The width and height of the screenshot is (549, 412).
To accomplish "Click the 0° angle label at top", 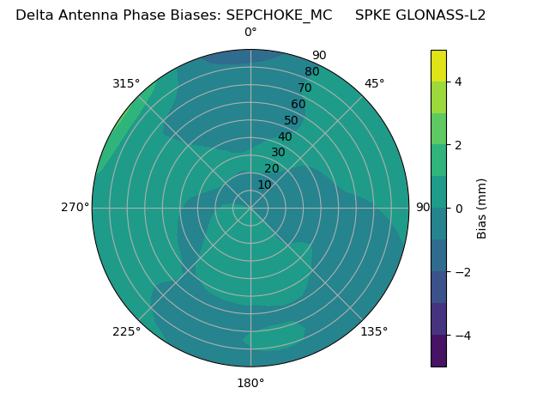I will click(x=250, y=33).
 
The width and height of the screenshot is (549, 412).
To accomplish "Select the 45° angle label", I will click(x=374, y=83).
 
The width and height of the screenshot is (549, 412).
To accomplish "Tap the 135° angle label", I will click(x=374, y=331).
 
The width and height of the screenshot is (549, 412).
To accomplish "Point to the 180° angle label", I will click(x=250, y=383).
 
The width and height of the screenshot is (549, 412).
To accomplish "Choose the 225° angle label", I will click(x=126, y=331).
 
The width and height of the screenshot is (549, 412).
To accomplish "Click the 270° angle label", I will click(x=75, y=208).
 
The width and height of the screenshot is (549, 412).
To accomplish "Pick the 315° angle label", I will click(x=126, y=83).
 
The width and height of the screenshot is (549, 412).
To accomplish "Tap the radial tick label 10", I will click(x=264, y=185).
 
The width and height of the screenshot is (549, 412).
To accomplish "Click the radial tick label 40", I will click(x=285, y=137).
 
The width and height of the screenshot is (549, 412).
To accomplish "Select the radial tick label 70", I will click(x=305, y=88).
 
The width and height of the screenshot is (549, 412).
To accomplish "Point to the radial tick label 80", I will click(x=311, y=72).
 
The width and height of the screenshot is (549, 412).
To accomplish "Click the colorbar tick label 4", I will click(x=458, y=82).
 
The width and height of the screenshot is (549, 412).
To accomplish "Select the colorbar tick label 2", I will click(x=458, y=145).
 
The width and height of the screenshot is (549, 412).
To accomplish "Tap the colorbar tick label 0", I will click(x=458, y=209).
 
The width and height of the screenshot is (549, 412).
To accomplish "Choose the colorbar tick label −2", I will click(x=461, y=272).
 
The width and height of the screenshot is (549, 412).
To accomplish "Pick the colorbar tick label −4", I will click(x=461, y=336).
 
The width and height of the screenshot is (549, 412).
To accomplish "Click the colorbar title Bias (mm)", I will click(x=482, y=209).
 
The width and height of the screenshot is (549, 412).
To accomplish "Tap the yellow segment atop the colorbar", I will click(x=438, y=66).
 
